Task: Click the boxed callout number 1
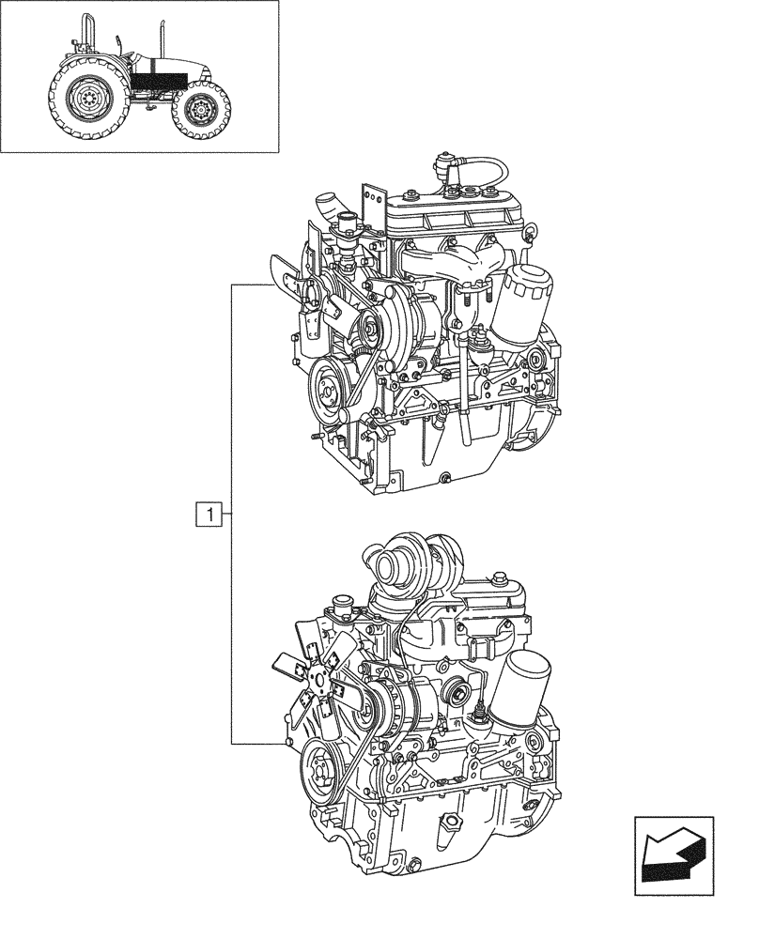(x=209, y=514)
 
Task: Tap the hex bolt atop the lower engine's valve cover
(x=497, y=581)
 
